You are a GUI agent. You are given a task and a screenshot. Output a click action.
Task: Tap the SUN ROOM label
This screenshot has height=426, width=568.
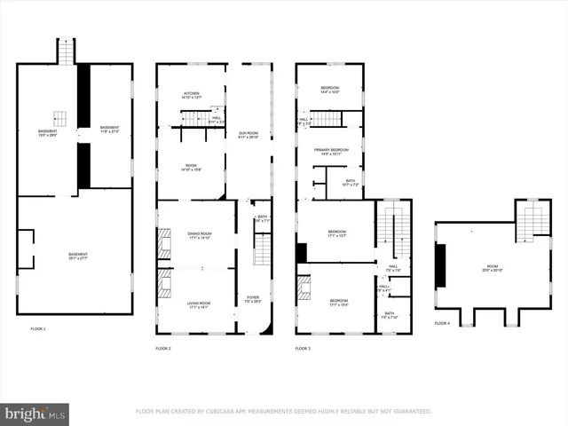point(248,134)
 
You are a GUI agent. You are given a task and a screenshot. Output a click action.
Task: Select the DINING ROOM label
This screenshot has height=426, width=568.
point(199,235)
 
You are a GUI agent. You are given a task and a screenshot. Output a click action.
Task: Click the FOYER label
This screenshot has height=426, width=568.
point(251,299)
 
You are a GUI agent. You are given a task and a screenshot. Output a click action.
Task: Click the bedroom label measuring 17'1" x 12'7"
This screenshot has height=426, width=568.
point(335,234)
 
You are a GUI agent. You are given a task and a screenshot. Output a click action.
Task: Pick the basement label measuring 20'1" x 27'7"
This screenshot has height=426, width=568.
point(75,257)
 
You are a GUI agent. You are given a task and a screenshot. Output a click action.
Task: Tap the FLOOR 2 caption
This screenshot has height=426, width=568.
point(163,348)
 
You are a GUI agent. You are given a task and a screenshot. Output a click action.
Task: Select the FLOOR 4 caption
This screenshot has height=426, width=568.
point(442,323)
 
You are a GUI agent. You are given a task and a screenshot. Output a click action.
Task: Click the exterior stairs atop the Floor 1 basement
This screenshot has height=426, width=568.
point(67,51)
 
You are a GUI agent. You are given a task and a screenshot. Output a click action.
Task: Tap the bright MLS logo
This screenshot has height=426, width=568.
point(35,413)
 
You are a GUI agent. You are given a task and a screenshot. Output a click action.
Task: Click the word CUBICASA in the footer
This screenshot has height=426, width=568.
point(232,412)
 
